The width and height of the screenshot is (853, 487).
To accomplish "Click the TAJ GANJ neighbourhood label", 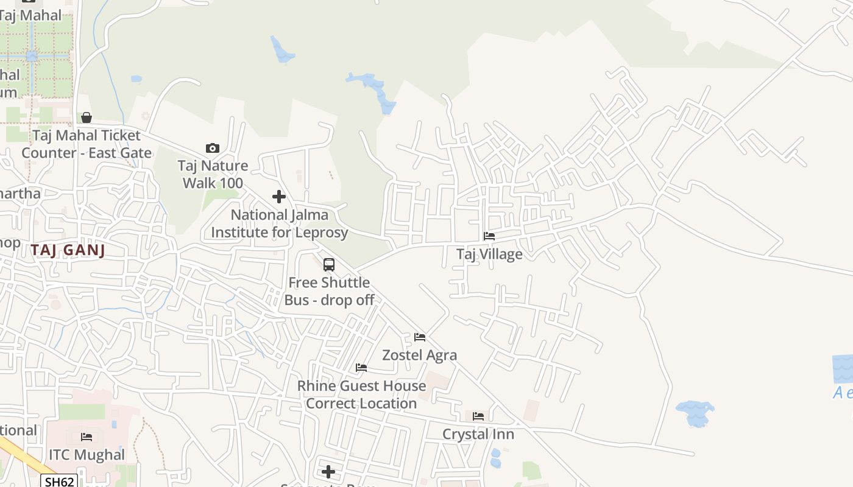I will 68,250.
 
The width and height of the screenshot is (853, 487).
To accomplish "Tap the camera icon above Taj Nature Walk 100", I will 213,148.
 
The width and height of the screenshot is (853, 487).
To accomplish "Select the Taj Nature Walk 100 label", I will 213,174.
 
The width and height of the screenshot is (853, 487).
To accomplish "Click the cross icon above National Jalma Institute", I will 279,197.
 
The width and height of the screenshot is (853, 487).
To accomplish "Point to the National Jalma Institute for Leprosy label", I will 280,223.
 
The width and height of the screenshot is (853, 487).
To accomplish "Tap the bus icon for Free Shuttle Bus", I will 329,265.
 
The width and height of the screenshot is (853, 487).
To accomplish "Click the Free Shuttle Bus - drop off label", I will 329,291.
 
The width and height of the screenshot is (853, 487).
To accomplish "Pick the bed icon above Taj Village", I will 489,236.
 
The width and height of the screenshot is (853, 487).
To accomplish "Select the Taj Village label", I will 489,254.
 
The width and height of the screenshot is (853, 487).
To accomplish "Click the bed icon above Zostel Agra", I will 420,337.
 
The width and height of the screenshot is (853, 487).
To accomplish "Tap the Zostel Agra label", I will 419,355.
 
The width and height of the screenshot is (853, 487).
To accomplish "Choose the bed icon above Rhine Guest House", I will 361,368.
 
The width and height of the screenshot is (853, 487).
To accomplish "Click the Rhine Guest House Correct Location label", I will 361,394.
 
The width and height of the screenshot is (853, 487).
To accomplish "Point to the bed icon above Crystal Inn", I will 478,416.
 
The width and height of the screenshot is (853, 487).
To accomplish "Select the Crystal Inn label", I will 478,434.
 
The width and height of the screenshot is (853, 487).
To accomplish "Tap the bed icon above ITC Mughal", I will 87,437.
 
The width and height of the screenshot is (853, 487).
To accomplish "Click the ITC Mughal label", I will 87,455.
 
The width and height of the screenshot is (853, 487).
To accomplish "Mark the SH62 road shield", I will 60,482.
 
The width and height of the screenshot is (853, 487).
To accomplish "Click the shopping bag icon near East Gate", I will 87,117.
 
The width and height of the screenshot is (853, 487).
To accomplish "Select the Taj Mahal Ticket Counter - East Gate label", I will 87,144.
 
